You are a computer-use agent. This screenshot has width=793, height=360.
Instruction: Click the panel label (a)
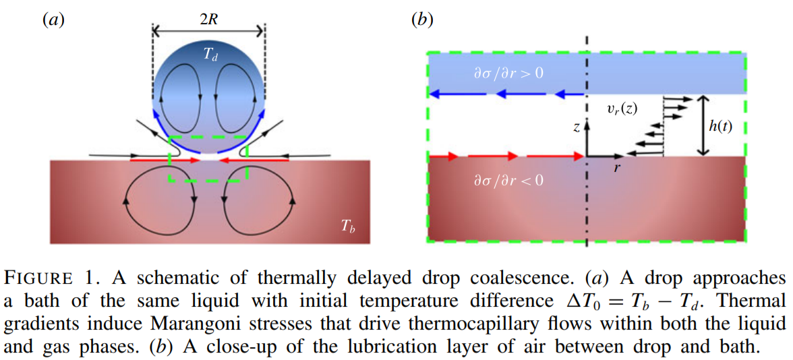coord(53,20)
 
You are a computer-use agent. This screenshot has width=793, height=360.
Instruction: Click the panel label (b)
coord(422,20)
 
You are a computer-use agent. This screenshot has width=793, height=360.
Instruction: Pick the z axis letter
coord(576,128)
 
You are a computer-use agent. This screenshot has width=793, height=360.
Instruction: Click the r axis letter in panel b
coord(616,167)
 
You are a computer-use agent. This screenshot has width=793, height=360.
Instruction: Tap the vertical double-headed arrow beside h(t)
coord(702,125)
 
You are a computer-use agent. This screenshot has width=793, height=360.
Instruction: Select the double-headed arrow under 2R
coord(208,31)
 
